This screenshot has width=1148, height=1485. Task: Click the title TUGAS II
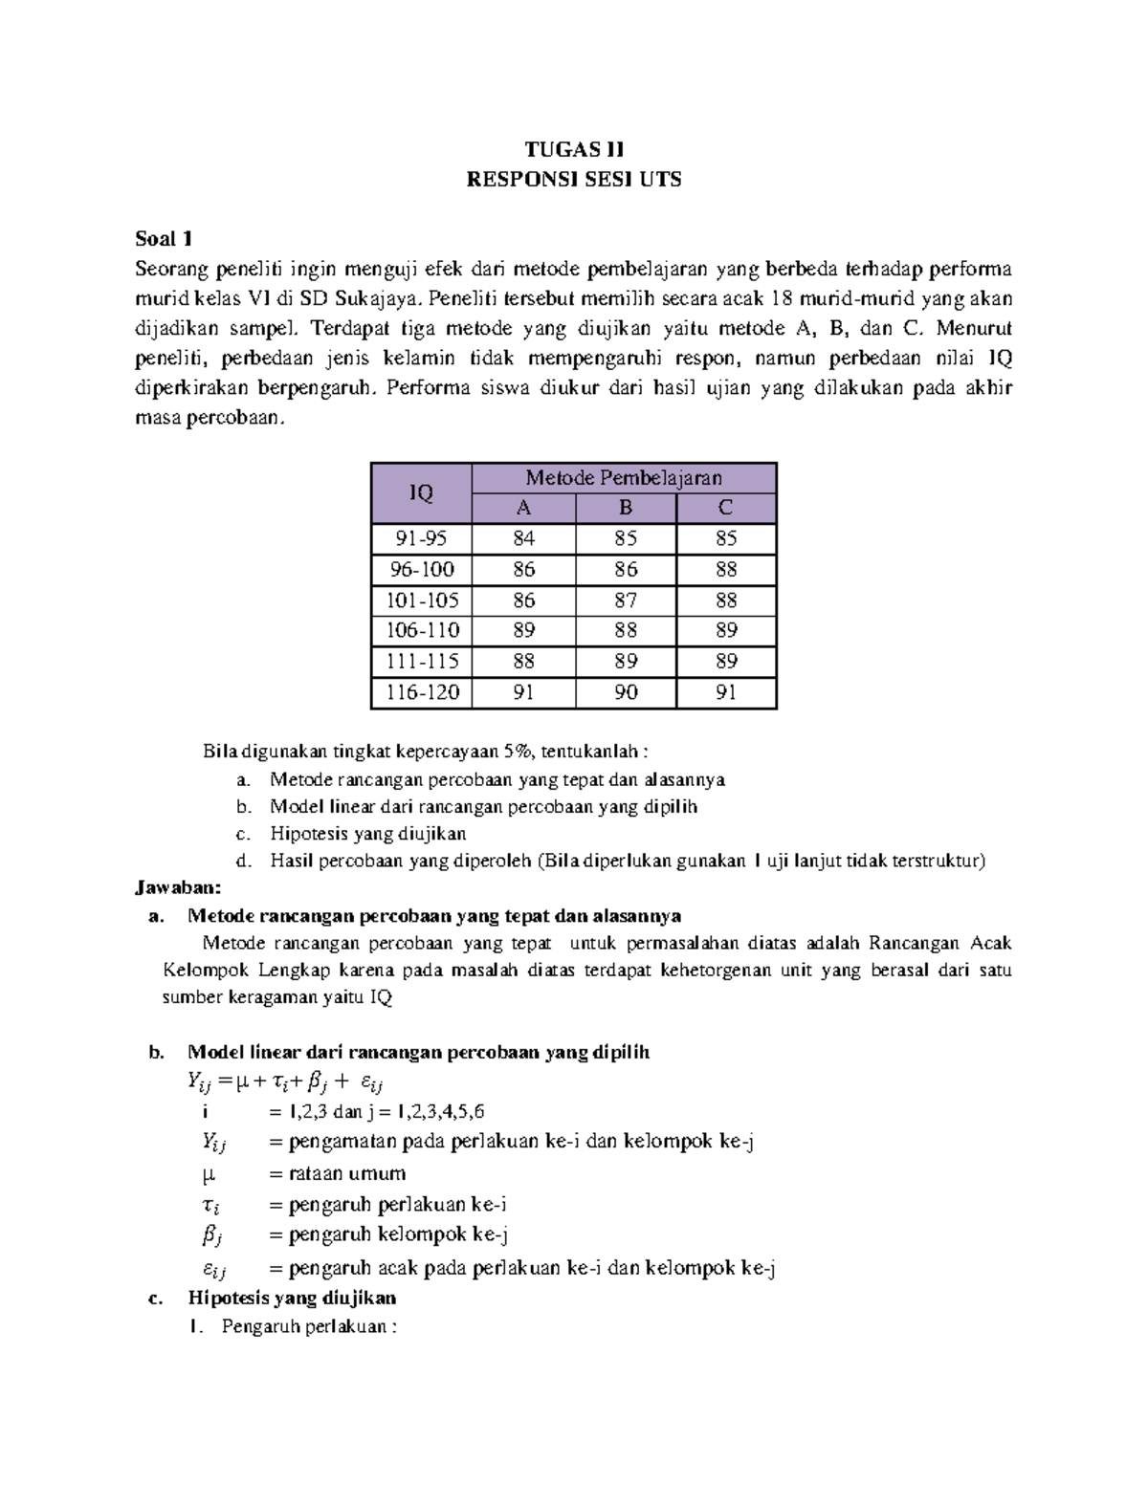[573, 149]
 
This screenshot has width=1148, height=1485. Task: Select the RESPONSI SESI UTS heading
[573, 179]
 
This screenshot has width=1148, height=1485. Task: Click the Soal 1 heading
[164, 239]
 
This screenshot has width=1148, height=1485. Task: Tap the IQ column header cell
[421, 493]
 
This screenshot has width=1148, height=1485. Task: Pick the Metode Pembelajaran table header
[623, 478]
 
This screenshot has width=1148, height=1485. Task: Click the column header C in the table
[726, 508]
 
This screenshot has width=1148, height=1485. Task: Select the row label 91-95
[421, 538]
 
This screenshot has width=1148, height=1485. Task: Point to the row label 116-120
[421, 692]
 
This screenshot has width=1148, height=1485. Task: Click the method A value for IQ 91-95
[523, 538]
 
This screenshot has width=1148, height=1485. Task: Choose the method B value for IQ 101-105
[626, 601]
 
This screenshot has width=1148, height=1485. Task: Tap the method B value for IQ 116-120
[626, 692]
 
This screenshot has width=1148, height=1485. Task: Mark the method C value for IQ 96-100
[726, 570]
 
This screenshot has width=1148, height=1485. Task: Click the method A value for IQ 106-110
[523, 630]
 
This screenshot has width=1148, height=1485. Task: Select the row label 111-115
[421, 661]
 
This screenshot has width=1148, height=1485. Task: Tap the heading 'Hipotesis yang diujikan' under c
[292, 1298]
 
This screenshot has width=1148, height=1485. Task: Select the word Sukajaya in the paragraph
[377, 298]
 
